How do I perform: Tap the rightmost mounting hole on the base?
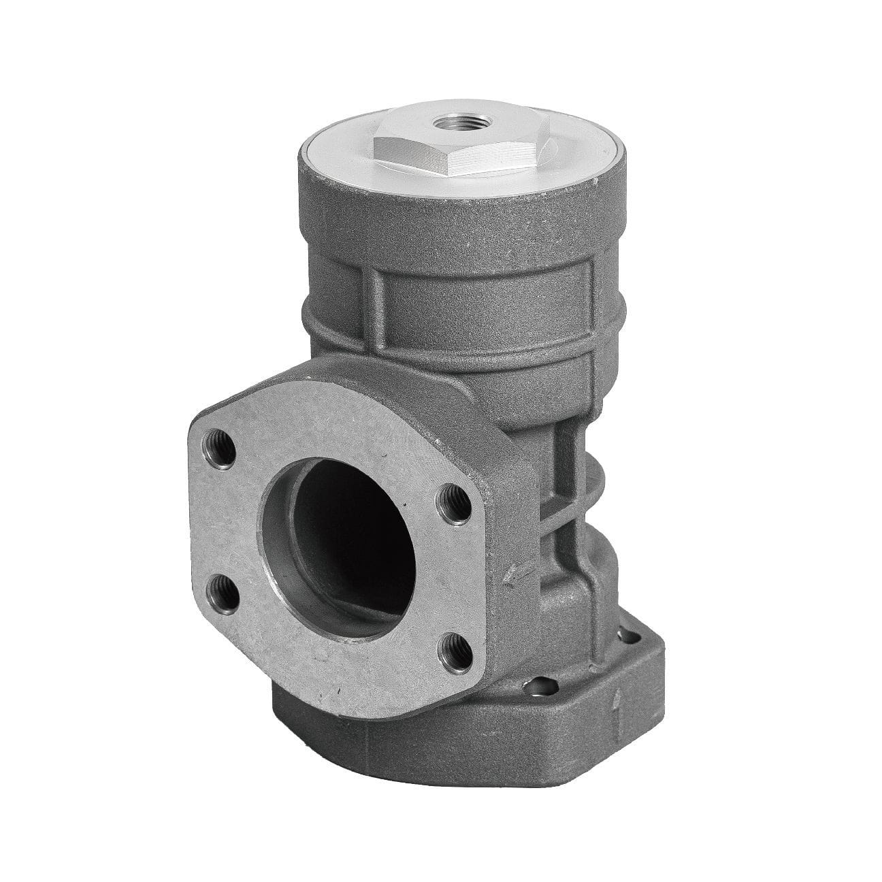[634, 636]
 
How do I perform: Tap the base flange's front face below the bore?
[381, 732]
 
